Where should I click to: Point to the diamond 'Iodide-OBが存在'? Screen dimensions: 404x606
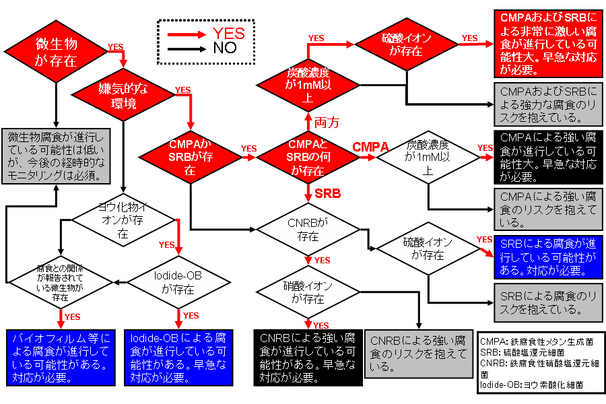(178, 283)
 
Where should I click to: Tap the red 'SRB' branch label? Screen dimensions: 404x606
(328, 193)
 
